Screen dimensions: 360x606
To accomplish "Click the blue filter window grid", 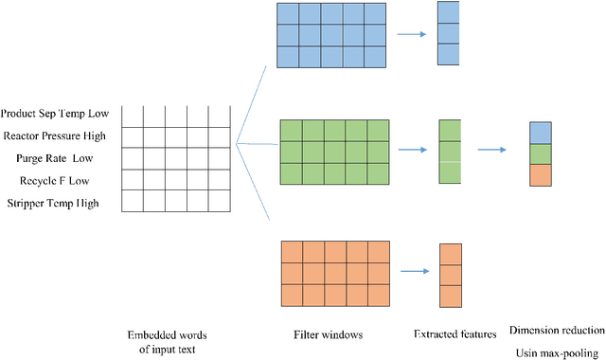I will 333,34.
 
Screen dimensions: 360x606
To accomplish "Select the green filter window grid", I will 334,152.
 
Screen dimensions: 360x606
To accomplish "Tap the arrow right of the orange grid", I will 414,272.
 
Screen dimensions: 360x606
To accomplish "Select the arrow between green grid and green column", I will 413,150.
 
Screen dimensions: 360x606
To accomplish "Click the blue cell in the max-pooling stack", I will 539,133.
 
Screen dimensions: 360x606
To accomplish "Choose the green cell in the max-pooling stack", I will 539,153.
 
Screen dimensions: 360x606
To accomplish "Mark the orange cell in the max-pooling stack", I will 539,175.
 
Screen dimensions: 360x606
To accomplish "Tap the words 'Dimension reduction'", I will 556,330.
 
